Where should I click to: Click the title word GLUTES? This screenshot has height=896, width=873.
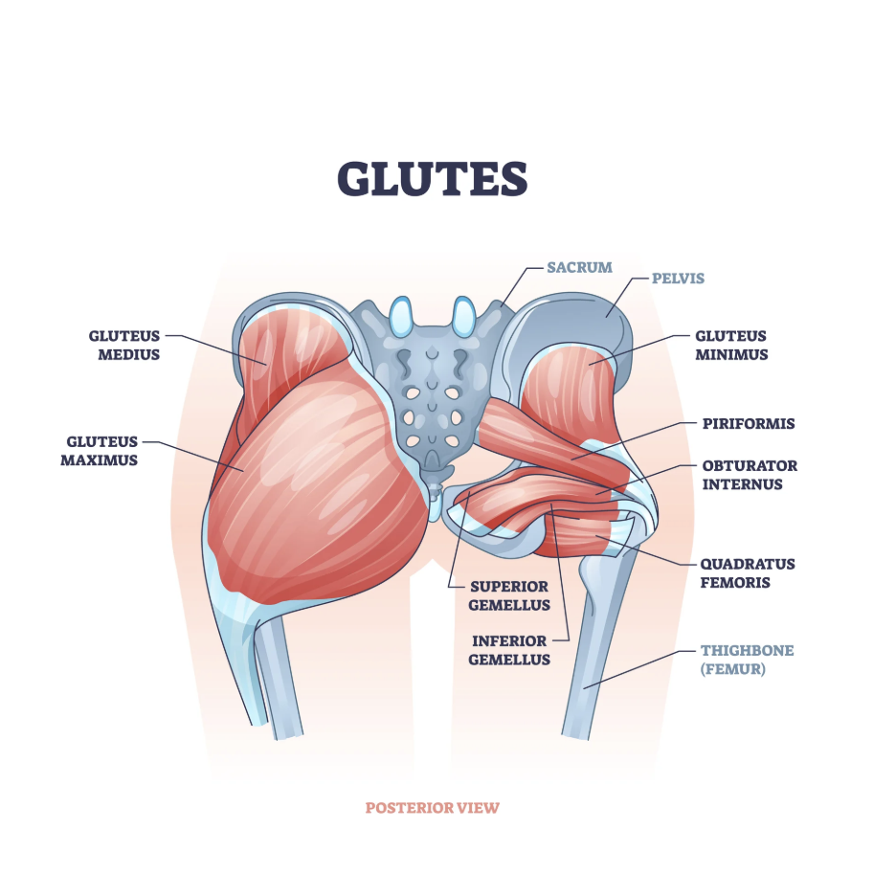click(x=432, y=178)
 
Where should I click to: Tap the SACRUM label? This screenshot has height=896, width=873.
click(x=579, y=267)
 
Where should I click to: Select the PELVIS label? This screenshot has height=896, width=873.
click(x=678, y=279)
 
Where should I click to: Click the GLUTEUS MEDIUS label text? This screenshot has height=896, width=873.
click(x=124, y=345)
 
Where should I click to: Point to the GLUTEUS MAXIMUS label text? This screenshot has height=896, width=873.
click(x=102, y=451)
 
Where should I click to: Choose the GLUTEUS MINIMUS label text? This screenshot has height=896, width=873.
click(x=731, y=345)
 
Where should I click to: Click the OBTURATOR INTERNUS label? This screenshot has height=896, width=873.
click(x=750, y=475)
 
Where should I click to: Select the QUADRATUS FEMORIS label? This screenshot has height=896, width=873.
click(x=748, y=572)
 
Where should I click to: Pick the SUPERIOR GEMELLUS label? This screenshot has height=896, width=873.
click(x=509, y=594)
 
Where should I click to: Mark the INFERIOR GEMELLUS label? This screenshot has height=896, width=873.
click(x=509, y=650)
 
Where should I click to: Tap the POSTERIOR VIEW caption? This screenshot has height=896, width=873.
click(x=432, y=808)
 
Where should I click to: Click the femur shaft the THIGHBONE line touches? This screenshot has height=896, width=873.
click(x=591, y=670)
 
